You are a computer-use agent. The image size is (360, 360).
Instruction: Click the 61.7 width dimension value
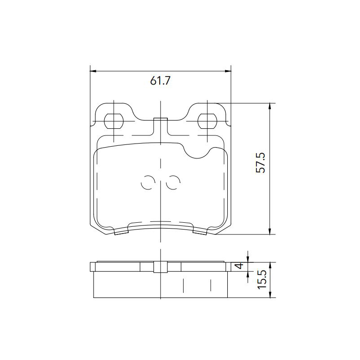(161, 81)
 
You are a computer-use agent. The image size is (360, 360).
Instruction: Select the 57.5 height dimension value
(261, 162)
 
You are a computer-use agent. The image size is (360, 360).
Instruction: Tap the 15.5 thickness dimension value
(262, 279)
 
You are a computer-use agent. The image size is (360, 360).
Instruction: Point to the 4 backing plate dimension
(239, 266)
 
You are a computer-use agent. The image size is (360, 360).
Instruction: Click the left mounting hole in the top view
(114, 121)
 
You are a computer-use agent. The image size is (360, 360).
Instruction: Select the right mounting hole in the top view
(207, 121)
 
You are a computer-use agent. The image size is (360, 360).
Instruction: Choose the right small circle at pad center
(173, 183)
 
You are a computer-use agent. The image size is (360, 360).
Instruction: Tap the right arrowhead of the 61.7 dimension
(228, 71)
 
